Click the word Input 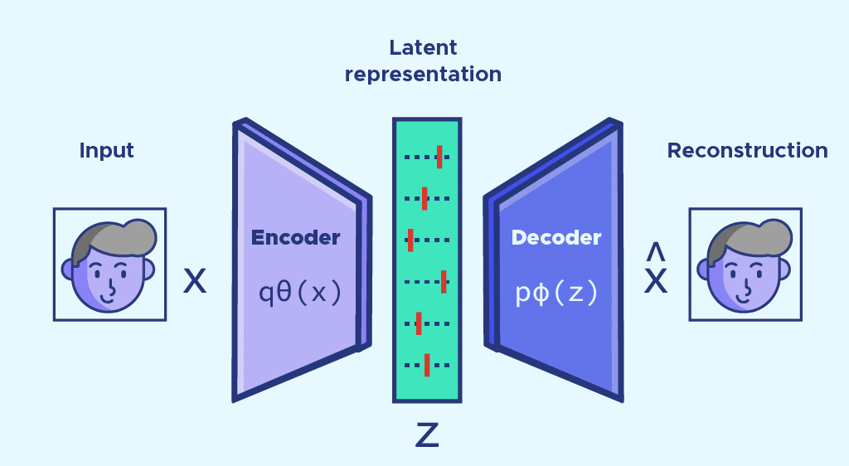pyautogui.click(x=106, y=150)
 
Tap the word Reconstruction pyautogui.click(x=747, y=150)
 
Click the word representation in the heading pyautogui.click(x=423, y=74)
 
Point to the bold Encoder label pyautogui.click(x=296, y=238)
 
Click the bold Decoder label pyautogui.click(x=556, y=238)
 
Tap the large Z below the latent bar pyautogui.click(x=426, y=434)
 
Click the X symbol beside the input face pyautogui.click(x=195, y=281)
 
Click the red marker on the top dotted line pyautogui.click(x=439, y=156)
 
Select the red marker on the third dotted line pyautogui.click(x=410, y=240)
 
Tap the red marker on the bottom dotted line pyautogui.click(x=426, y=365)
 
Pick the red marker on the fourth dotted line pyautogui.click(x=444, y=282)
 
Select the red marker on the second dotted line pyautogui.click(x=424, y=198)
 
